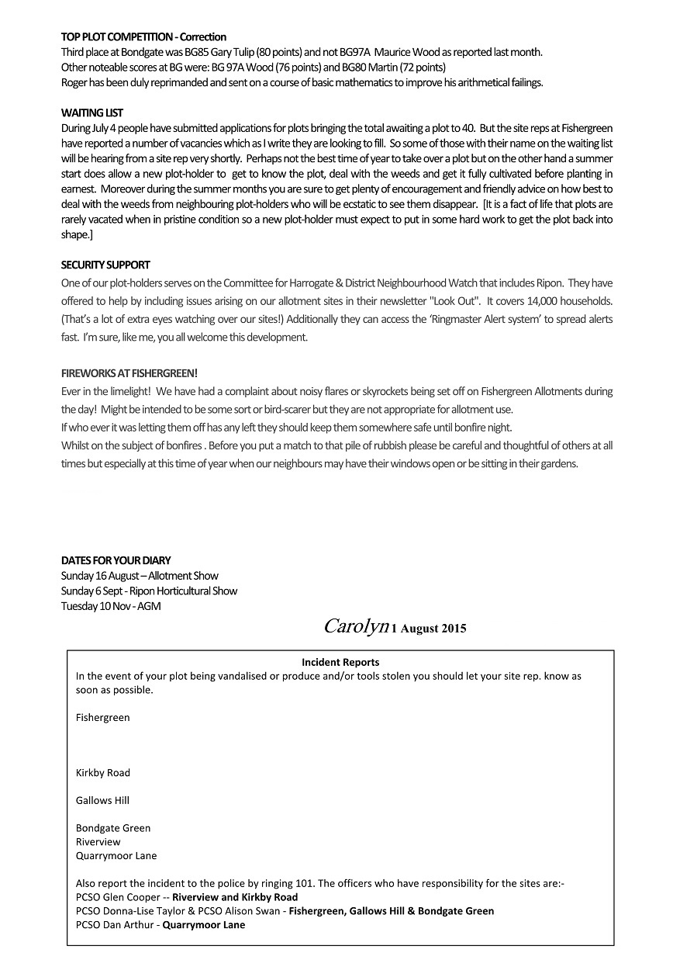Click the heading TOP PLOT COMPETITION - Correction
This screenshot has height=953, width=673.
click(143, 36)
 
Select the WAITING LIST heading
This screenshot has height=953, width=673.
click(92, 113)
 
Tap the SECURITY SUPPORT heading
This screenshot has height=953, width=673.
click(105, 265)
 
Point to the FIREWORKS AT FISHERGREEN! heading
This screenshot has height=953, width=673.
click(124, 373)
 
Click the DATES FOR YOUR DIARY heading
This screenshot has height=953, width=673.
click(116, 560)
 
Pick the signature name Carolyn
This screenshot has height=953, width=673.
click(355, 626)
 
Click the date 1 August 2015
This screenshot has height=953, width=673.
click(429, 629)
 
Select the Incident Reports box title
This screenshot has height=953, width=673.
click(340, 662)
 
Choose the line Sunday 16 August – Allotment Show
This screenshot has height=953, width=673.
click(140, 576)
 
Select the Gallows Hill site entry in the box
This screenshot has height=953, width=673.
click(102, 800)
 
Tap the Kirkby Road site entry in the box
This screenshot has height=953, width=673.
click(103, 772)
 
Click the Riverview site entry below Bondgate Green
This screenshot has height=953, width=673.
click(98, 841)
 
